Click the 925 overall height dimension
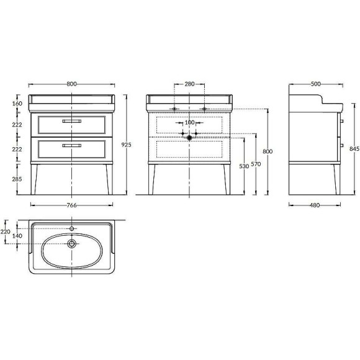click(x=126, y=145)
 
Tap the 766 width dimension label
click(x=71, y=205)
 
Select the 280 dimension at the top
click(x=189, y=84)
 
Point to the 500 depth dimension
click(x=316, y=84)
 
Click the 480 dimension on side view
click(x=315, y=205)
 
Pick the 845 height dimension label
click(x=354, y=149)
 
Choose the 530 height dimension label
click(x=244, y=166)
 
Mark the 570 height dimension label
click(x=256, y=164)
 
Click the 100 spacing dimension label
click(x=189, y=122)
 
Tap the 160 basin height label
click(x=17, y=104)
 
